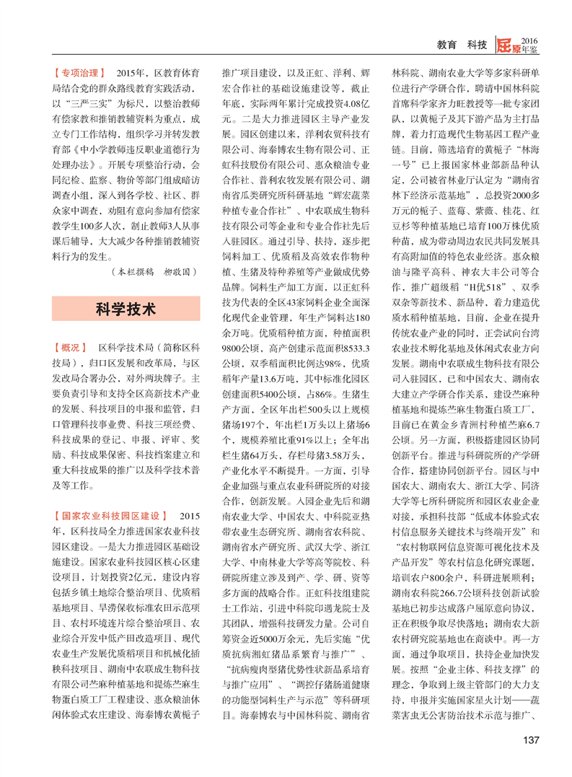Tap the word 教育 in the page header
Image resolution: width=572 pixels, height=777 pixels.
point(448,45)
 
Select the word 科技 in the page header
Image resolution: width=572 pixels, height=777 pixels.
point(477,45)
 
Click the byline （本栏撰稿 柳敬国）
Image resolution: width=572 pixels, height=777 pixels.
point(155,273)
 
